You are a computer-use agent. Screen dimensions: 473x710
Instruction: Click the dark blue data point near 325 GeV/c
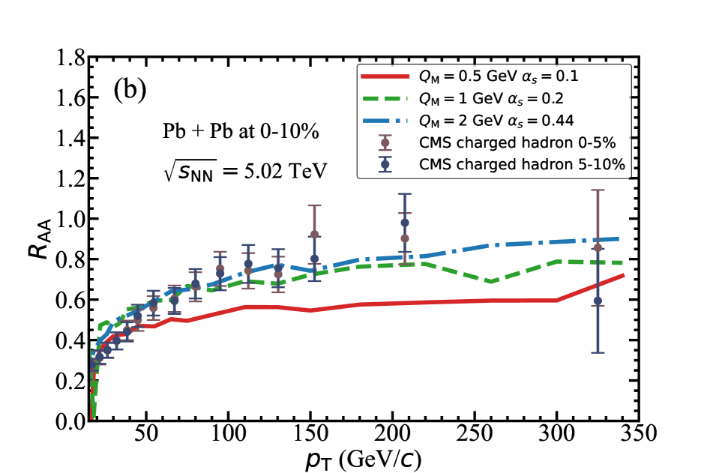598,301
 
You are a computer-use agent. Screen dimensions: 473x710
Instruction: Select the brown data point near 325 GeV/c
598,247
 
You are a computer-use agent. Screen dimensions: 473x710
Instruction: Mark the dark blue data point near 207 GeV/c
405,223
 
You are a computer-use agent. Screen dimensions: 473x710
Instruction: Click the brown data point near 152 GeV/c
314,235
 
